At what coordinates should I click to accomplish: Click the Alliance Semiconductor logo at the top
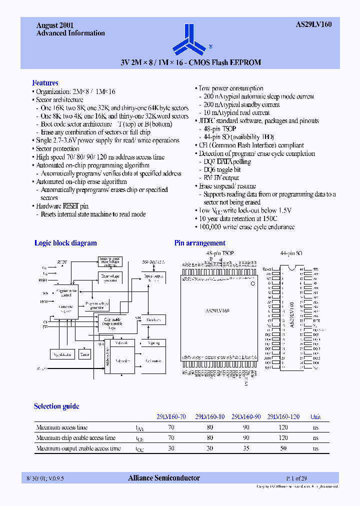click(x=189, y=40)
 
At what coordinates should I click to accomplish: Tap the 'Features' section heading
click(x=45, y=83)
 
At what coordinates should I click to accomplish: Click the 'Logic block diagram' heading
click(x=65, y=243)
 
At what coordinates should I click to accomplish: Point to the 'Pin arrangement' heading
click(x=199, y=243)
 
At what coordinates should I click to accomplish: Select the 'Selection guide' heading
click(x=56, y=406)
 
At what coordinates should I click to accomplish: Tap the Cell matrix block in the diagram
click(x=153, y=360)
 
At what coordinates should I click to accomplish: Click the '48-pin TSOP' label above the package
click(x=220, y=253)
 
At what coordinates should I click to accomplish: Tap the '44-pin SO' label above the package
click(x=291, y=253)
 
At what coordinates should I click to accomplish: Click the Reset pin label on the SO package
click(x=267, y=269)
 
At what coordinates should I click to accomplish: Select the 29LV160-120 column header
click(x=283, y=416)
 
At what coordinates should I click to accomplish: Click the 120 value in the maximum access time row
click(x=283, y=427)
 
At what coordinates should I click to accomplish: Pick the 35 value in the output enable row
click(x=245, y=448)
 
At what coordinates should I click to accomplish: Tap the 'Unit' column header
click(x=315, y=416)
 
